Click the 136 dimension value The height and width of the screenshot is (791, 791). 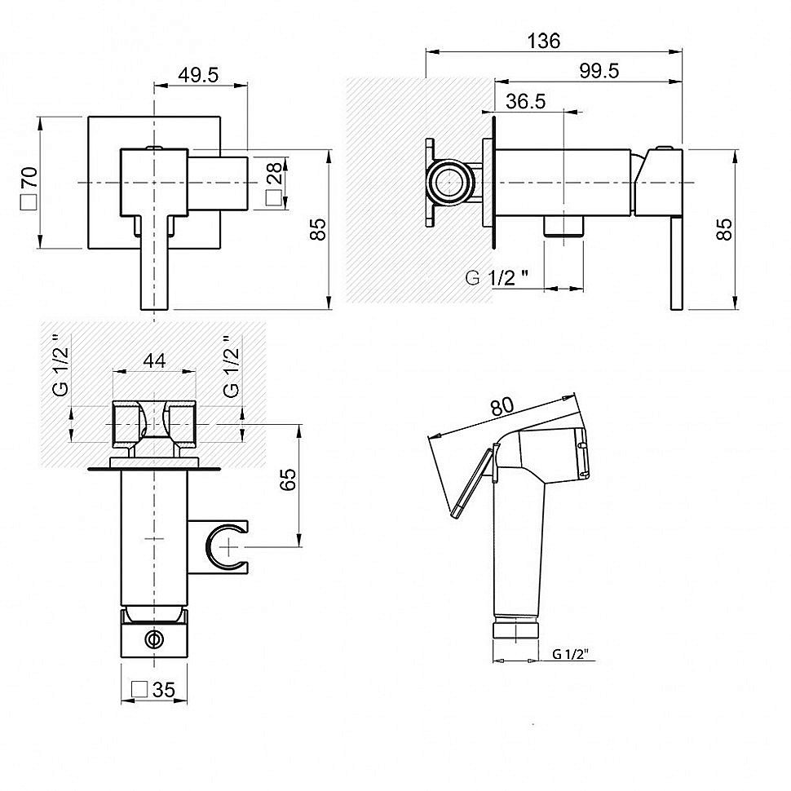coord(543,40)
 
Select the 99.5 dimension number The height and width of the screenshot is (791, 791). coord(599,71)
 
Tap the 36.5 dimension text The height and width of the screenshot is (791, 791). coord(526,101)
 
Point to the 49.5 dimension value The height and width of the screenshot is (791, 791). coord(198,75)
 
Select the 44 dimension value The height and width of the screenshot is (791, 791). coord(154,360)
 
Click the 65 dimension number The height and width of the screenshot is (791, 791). coord(288,479)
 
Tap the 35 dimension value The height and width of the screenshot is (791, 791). coord(163,690)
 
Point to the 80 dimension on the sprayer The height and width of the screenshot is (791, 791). coord(502,405)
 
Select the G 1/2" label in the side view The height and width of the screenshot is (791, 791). coord(497,277)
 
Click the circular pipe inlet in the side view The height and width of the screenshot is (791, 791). coord(449,182)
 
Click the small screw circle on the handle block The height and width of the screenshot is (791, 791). coord(154,639)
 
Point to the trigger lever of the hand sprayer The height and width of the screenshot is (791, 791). coord(471,484)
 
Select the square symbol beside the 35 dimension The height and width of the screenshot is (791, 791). coord(139,689)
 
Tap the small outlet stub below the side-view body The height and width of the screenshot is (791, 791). coord(563,226)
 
